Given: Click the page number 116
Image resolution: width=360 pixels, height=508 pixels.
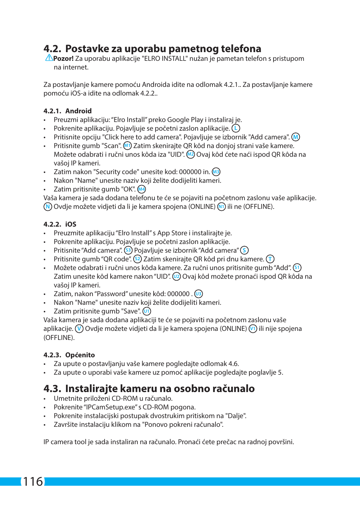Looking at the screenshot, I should click(33, 482).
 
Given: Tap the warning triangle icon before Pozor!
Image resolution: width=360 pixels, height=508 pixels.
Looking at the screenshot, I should click(49, 58).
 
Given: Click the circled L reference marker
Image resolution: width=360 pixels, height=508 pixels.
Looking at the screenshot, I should click(236, 128).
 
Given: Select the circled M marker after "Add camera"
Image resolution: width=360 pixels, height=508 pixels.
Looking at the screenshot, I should click(295, 137).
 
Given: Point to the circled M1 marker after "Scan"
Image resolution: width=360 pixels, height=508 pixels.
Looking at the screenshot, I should click(128, 146).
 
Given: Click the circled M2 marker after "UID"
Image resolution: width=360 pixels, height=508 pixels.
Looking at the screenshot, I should click(191, 154).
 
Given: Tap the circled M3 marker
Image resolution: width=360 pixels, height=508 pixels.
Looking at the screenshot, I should click(216, 172).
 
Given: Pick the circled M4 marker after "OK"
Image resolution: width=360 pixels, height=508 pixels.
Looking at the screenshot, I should click(142, 189).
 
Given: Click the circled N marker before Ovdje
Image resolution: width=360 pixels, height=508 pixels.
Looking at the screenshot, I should click(48, 207).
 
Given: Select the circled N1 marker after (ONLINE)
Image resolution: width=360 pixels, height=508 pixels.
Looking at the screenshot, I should click(222, 207).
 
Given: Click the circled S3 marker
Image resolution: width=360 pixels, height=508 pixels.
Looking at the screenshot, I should click(128, 250).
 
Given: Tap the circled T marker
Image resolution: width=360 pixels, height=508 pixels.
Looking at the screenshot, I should click(270, 259).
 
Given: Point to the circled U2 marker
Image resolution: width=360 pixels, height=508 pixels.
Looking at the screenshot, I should click(176, 276).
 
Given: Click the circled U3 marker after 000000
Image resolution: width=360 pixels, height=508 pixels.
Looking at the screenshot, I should click(198, 294).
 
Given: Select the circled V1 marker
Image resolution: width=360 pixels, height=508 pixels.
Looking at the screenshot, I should click(253, 329).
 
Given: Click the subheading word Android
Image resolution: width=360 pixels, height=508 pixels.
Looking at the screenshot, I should click(78, 111).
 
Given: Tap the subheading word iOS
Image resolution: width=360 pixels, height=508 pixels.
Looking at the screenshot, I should click(71, 224).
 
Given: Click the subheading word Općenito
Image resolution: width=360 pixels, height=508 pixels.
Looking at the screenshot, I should click(80, 355).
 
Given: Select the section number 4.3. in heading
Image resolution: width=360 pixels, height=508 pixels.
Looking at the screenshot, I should click(52, 389).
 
